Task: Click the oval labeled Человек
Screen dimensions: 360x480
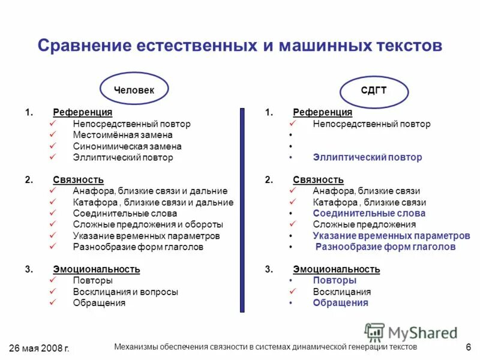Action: [x=134, y=89]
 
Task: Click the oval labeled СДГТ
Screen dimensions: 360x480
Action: [x=374, y=91]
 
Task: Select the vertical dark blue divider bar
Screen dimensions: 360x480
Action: [x=242, y=210]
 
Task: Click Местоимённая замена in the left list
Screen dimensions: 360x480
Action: [x=122, y=135]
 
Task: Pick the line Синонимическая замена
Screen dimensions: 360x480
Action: [x=127, y=146]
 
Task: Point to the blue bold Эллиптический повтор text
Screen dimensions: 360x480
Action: [x=367, y=157]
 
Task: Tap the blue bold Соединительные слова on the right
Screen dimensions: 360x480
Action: [x=369, y=213]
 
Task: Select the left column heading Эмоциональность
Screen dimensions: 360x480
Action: [x=96, y=269]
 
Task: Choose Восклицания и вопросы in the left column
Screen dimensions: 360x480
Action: [x=125, y=292]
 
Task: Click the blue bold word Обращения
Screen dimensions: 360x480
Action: [x=340, y=302]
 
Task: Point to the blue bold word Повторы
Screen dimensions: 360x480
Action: [x=334, y=280]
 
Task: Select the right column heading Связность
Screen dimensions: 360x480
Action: [x=318, y=179]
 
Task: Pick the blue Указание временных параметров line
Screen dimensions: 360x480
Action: [x=391, y=235]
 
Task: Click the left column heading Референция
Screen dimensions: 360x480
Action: [x=82, y=112]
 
